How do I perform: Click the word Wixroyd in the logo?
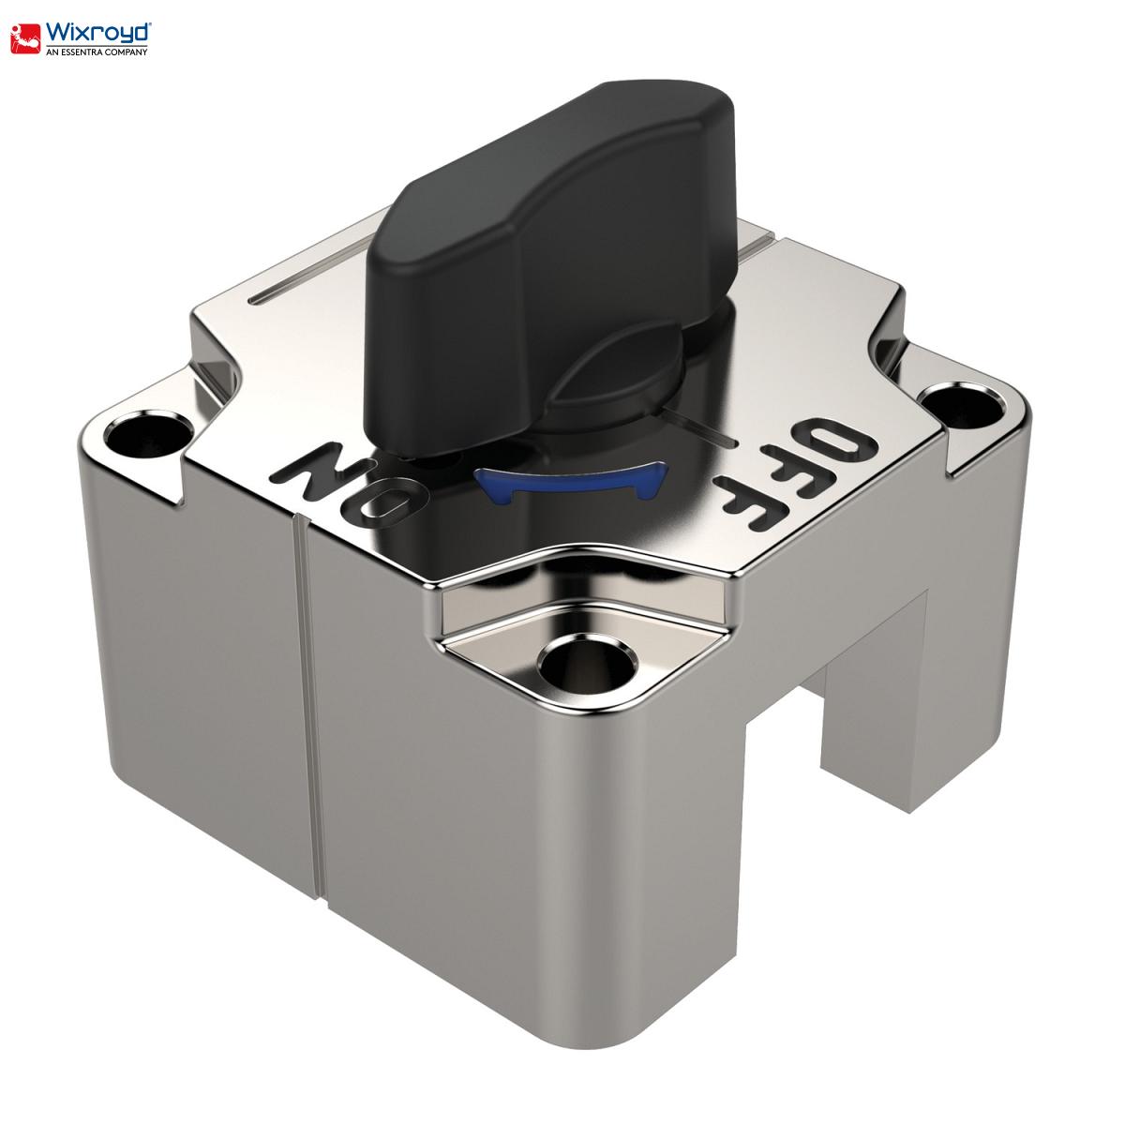point(98,33)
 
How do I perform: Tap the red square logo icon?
point(26,38)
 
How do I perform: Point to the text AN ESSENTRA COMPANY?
point(97,52)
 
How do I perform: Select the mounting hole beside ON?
point(148,435)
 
